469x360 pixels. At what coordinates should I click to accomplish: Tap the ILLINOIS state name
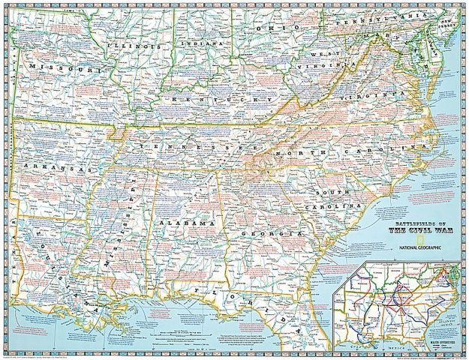pos(135,46)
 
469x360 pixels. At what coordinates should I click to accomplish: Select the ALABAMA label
pos(187,224)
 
